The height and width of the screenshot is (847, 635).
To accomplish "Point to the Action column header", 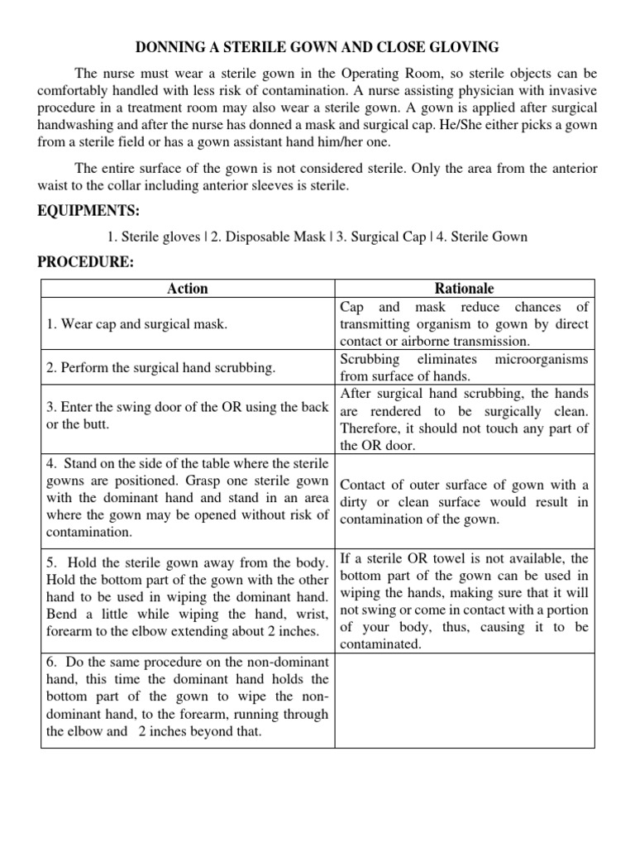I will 188,289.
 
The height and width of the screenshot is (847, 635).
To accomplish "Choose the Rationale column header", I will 464,289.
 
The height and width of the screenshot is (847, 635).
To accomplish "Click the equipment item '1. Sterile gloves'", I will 154,237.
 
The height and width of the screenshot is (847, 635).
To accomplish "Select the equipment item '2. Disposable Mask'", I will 256,237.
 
